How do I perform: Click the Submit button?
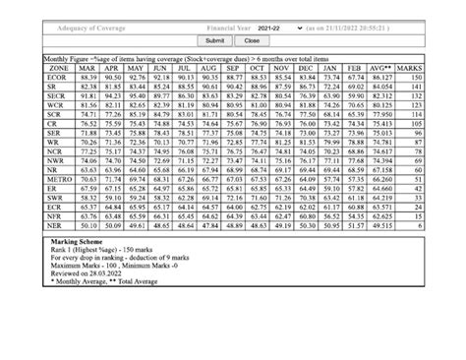point(214,40)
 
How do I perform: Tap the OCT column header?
point(258,68)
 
